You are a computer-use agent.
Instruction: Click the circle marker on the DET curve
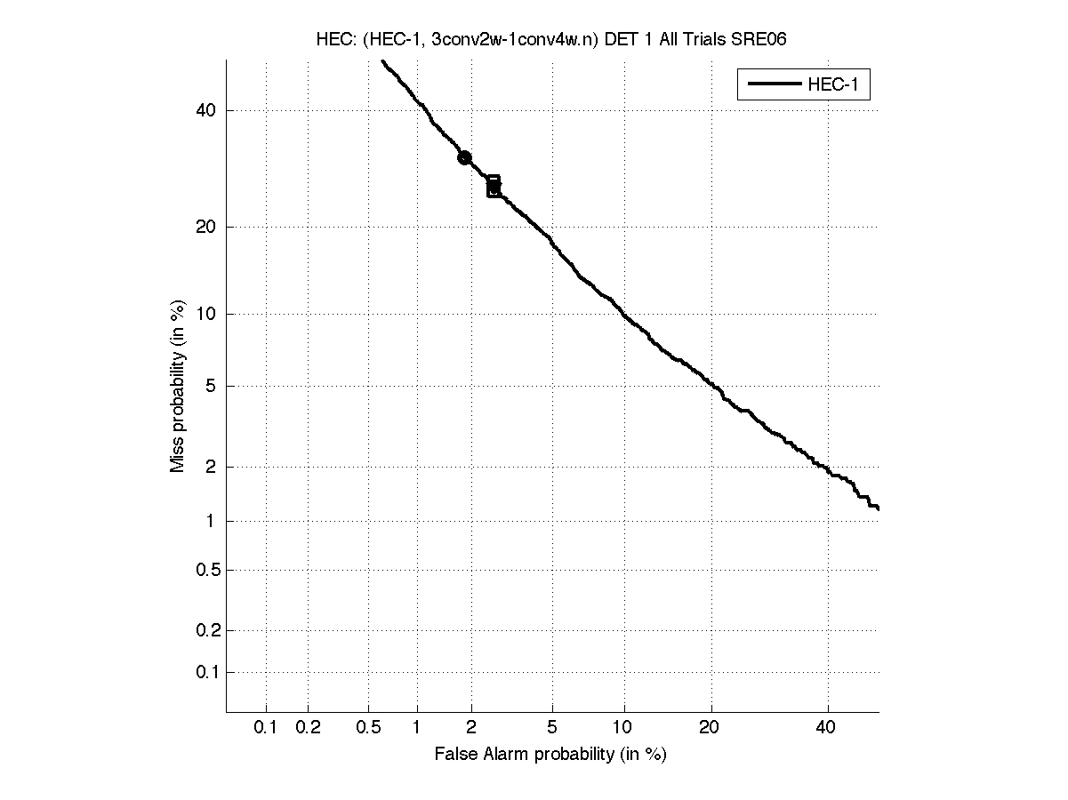coord(464,157)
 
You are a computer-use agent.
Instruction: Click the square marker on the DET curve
coord(494,186)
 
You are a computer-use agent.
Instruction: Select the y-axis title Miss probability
coord(178,385)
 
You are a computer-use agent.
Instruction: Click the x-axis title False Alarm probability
coord(550,755)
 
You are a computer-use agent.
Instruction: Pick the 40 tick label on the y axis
coord(207,110)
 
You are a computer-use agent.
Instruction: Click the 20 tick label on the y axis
coord(207,227)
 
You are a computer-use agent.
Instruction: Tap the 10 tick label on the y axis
coord(207,314)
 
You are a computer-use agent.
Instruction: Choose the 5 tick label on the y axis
coord(212,386)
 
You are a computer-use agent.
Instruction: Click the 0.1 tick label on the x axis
coord(266,728)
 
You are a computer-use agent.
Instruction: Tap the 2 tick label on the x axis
coord(471,728)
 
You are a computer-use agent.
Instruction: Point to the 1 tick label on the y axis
coord(212,521)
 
